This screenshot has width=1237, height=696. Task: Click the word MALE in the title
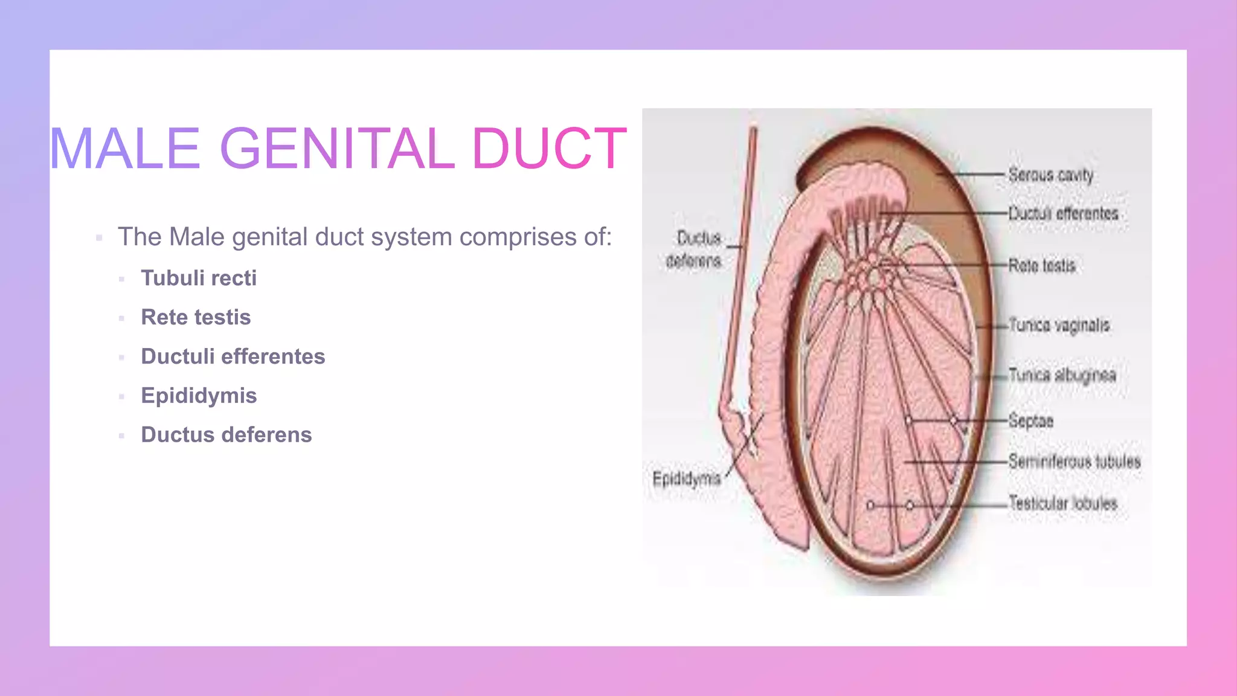point(124,149)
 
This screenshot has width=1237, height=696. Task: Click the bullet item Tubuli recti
point(199,278)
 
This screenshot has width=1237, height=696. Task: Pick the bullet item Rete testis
point(196,317)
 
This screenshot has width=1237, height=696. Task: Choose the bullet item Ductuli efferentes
point(233,356)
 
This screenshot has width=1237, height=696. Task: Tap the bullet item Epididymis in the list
point(199,396)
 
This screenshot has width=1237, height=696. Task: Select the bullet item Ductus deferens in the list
point(227,435)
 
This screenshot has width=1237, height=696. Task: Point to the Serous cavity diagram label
point(1051,175)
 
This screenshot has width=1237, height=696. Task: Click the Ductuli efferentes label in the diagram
point(1064,213)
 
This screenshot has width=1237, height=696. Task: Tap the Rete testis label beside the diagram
point(1042,265)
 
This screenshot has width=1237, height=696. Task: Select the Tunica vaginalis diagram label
point(1059,325)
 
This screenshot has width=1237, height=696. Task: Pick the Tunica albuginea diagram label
point(1062,375)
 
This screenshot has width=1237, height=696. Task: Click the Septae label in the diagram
point(1031,420)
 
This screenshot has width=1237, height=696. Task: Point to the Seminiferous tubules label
point(1075,462)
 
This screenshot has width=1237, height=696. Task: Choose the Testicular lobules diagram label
point(1063,503)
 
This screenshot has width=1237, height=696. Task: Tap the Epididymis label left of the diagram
point(687,479)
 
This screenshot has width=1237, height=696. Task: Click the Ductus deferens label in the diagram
point(695,249)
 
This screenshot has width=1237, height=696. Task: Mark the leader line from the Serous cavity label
point(975,175)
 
